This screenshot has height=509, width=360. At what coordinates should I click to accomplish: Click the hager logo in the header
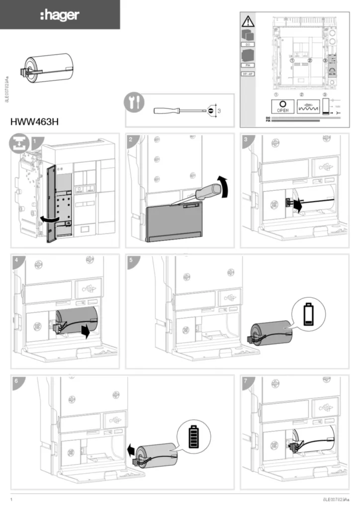[x=60, y=15]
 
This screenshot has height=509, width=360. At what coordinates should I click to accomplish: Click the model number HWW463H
[x=35, y=121]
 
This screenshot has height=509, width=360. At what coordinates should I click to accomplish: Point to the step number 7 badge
[x=246, y=380]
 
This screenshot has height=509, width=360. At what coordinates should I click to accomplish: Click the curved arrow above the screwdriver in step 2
[x=225, y=186]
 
